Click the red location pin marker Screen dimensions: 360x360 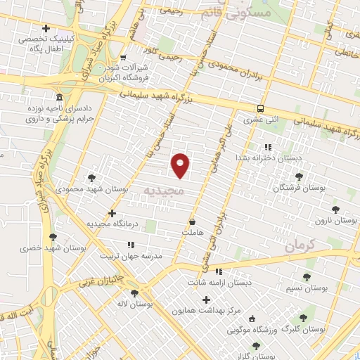pos(181,165)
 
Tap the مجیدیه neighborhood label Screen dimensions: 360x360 pos(163,191)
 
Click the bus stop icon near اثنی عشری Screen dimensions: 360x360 pos(260,108)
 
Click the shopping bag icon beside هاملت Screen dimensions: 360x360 pos(192,221)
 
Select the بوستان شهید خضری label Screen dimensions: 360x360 pos(53,248)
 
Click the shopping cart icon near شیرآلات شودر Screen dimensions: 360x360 pos(124,57)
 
